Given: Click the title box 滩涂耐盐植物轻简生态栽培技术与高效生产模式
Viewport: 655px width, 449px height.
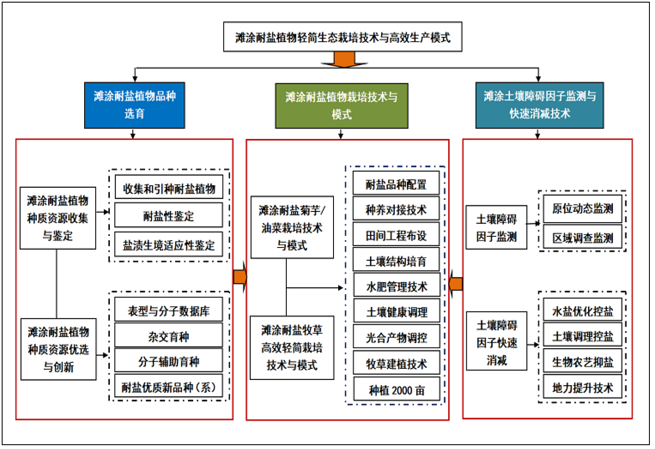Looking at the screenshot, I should (343, 37).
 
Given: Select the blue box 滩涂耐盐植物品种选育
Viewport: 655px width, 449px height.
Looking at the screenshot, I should (134, 105).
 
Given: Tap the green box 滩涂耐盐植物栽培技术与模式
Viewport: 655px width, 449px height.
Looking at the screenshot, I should (341, 105).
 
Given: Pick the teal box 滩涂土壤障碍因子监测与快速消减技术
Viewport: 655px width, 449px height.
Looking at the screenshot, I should (539, 105).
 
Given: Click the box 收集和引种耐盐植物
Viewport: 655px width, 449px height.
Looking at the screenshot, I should (169, 187).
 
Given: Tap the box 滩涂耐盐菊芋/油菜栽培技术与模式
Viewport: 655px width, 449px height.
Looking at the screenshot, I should (292, 227).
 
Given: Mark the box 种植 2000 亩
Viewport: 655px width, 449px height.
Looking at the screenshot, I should (397, 389).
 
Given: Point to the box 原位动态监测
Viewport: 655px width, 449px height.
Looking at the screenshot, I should (582, 209).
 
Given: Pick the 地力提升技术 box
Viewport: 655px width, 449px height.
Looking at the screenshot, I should (582, 387).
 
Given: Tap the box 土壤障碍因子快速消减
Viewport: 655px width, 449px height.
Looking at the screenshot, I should (497, 341).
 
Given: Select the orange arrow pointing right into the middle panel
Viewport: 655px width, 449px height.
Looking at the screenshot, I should (240, 277).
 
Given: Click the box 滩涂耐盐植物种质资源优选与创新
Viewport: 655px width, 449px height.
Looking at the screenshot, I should (58, 349).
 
